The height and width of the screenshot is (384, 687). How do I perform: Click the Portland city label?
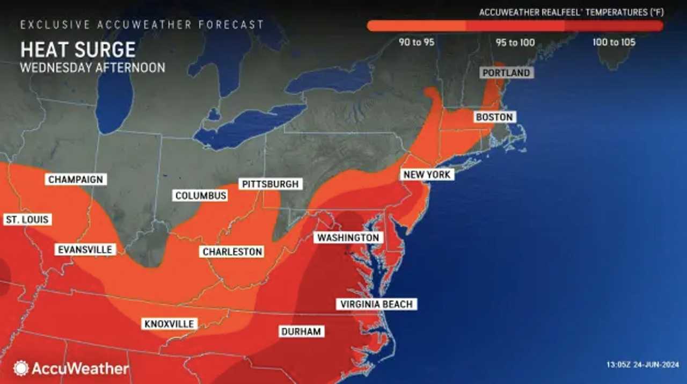[x=506, y=73]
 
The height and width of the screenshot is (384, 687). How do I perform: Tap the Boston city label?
[x=494, y=117]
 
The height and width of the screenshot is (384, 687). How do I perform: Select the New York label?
[x=427, y=175]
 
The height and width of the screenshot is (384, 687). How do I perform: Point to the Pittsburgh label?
[x=270, y=184]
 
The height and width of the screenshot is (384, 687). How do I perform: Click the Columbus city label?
[x=201, y=195]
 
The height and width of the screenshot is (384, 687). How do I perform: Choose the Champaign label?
[x=76, y=179]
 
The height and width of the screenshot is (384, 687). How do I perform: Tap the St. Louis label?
[x=27, y=219]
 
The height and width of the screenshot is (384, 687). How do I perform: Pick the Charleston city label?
[x=232, y=251]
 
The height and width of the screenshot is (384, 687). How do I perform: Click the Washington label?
[x=348, y=237]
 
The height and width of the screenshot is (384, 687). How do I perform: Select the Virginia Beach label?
[x=377, y=305]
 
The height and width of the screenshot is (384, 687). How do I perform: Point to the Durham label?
[x=301, y=331]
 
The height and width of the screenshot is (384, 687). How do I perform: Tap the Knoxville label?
[x=170, y=324]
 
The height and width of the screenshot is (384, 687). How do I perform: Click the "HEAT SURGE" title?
[x=78, y=50]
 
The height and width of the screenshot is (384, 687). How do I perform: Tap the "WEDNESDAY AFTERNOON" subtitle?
[x=93, y=68]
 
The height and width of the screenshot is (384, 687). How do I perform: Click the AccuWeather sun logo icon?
[x=21, y=368]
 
